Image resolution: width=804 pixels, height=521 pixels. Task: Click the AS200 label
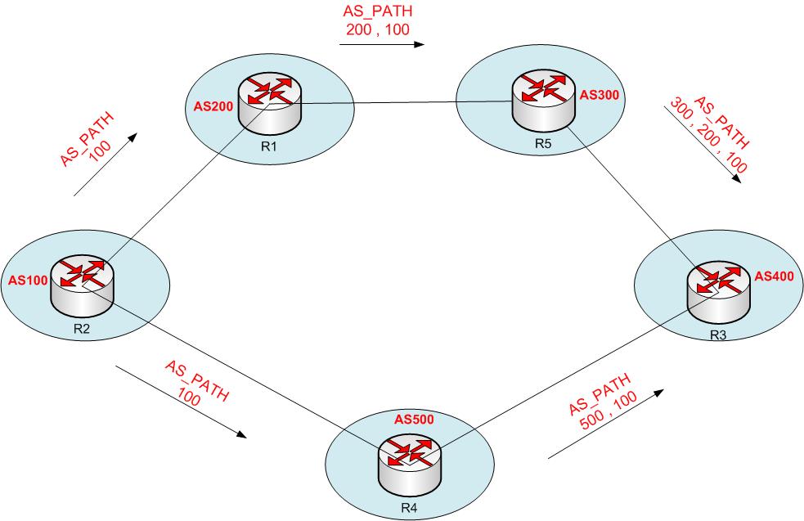[211, 108]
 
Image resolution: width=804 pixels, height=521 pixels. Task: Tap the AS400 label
[774, 276]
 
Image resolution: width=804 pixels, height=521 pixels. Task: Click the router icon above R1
[269, 104]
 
